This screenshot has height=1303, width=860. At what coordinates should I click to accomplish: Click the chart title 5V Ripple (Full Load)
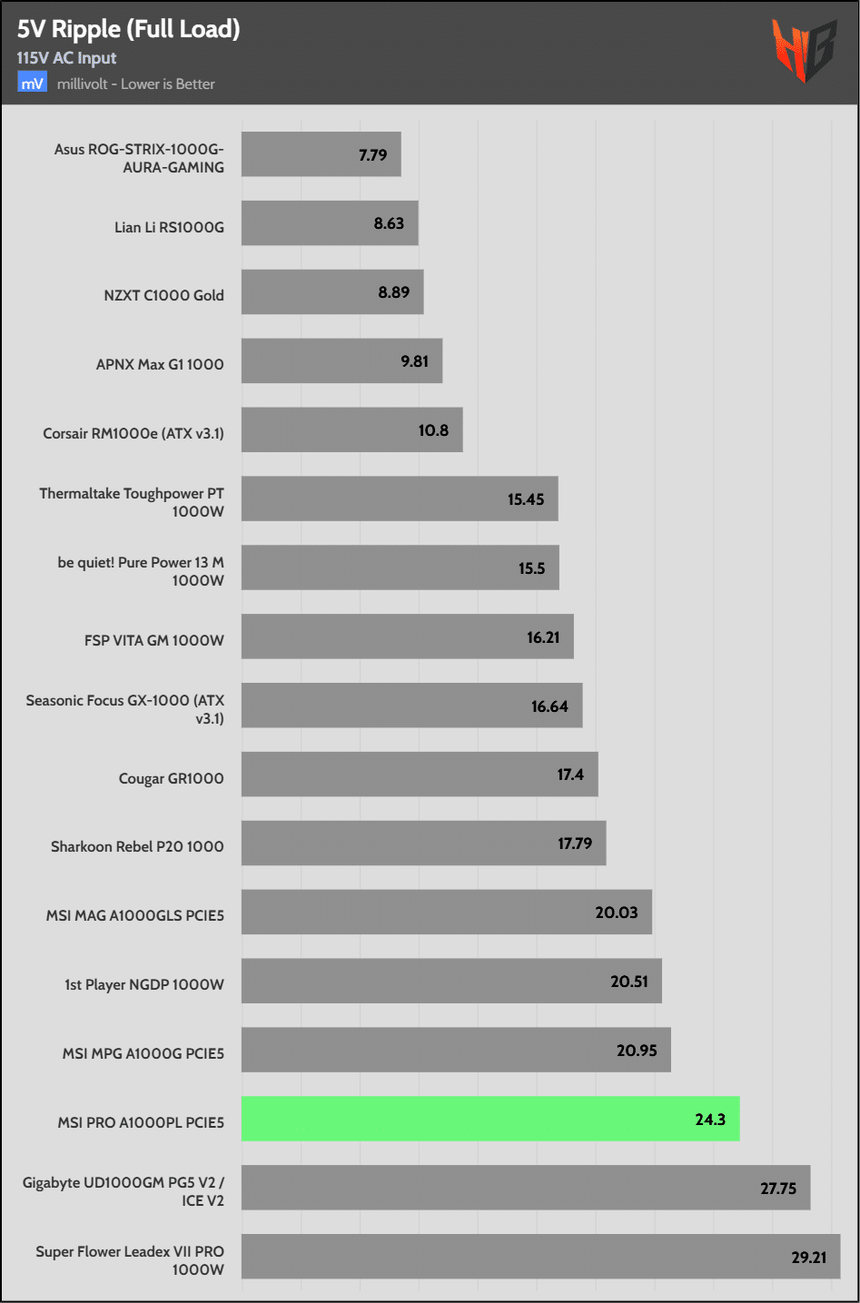coord(128,29)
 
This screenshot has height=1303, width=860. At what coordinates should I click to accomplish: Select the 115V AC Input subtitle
coord(66,58)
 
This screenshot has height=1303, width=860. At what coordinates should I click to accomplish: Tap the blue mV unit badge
coord(32,84)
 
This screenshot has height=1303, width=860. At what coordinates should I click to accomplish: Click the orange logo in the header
coord(803,50)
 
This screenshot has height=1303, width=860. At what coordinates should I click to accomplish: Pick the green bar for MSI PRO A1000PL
coord(490,1119)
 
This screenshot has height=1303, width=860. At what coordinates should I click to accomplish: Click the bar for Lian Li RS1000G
coord(329,223)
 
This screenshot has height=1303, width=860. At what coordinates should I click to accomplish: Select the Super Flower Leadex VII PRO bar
coord(540,1257)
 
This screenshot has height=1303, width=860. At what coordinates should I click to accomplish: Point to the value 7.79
coord(372,155)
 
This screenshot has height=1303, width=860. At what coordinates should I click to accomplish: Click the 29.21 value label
coord(808,1258)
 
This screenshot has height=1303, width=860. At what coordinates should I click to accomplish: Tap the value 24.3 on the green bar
coord(710,1120)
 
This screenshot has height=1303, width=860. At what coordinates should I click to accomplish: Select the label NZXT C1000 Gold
coord(163,295)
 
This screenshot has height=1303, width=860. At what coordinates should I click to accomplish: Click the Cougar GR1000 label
coord(171,778)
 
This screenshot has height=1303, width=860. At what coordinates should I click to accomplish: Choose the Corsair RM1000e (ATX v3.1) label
coord(133,433)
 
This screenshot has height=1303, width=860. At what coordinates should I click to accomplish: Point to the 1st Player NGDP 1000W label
coord(144,984)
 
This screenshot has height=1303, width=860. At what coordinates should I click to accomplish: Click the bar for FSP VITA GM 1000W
coord(407,637)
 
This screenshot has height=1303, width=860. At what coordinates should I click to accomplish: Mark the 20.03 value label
coord(617,913)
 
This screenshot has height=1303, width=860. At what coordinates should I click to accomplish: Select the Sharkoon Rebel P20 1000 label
coord(137,846)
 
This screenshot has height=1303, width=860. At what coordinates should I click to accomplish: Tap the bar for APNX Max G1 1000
coord(341,361)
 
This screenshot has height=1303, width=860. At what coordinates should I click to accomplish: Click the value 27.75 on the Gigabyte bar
coord(778,1189)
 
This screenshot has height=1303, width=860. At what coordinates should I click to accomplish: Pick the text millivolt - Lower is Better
coord(136,84)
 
